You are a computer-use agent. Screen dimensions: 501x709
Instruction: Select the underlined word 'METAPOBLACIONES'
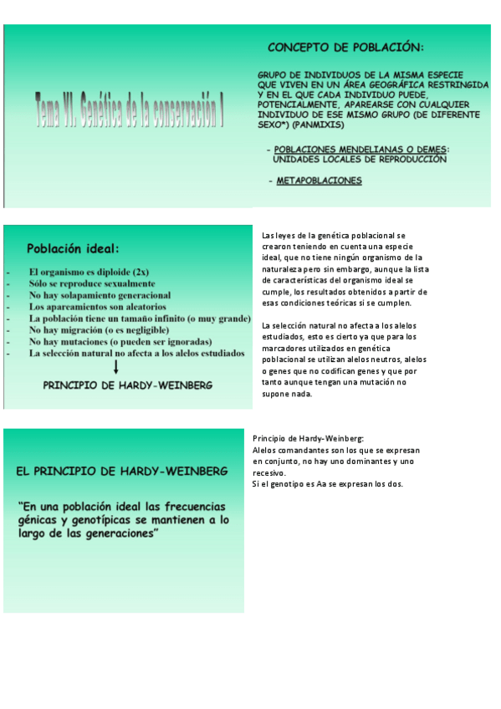click(x=319, y=181)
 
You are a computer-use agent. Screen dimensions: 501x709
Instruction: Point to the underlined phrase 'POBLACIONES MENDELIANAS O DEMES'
click(x=360, y=150)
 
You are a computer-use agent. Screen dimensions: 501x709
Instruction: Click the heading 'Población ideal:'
click(x=74, y=248)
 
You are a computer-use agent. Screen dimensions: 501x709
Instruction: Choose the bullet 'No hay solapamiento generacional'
click(x=100, y=295)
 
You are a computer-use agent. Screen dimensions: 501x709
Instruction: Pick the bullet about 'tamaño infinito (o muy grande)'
click(x=140, y=319)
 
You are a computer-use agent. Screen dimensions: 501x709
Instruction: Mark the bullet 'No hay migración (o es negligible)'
click(x=101, y=330)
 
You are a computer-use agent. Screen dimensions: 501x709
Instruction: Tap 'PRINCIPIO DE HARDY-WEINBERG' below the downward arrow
click(x=127, y=385)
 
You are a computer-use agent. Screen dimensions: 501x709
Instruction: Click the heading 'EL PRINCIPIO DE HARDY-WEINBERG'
click(x=122, y=472)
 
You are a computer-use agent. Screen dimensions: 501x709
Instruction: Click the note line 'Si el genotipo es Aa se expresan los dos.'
click(x=327, y=483)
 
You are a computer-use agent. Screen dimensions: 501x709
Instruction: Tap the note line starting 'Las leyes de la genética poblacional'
click(x=333, y=236)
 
